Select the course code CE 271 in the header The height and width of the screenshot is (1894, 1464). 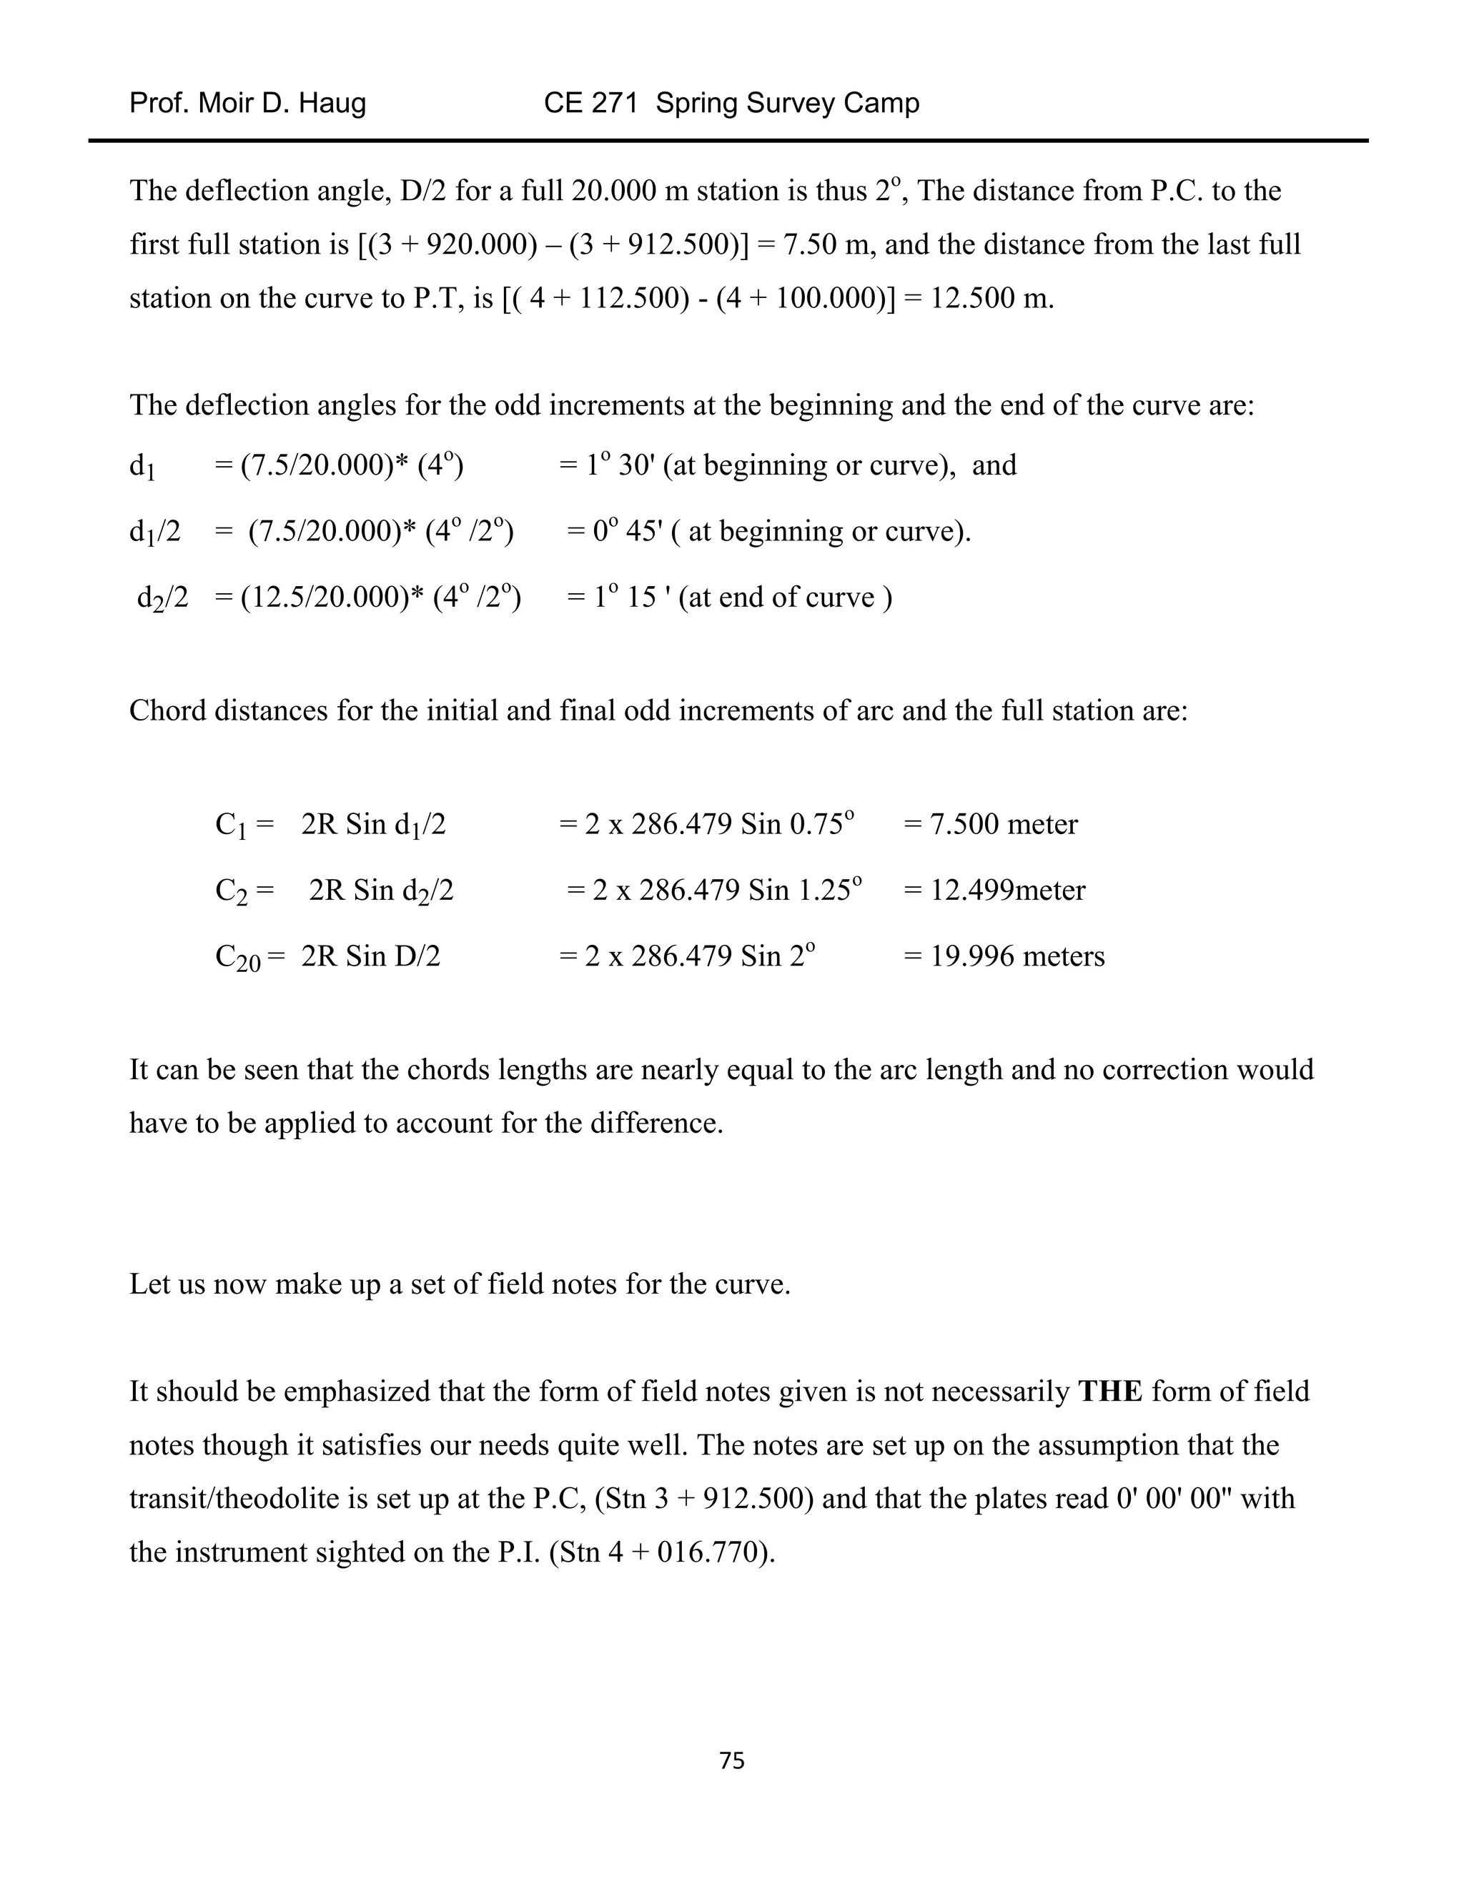pos(590,103)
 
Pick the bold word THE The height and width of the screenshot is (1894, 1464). pos(1109,1391)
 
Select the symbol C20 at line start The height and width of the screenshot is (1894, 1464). pos(237,958)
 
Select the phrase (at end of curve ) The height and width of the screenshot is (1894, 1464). pos(785,597)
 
